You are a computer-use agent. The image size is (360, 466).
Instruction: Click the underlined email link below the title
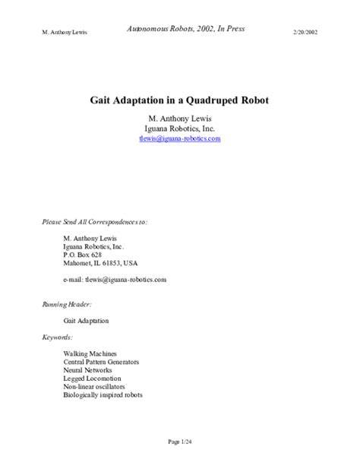click(179, 139)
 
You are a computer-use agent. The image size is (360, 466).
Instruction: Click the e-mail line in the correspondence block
click(115, 280)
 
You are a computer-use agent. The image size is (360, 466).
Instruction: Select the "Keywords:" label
click(57, 337)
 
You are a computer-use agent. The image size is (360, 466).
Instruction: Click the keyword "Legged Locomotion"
click(93, 379)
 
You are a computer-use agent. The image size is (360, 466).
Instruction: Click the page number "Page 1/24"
click(179, 442)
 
